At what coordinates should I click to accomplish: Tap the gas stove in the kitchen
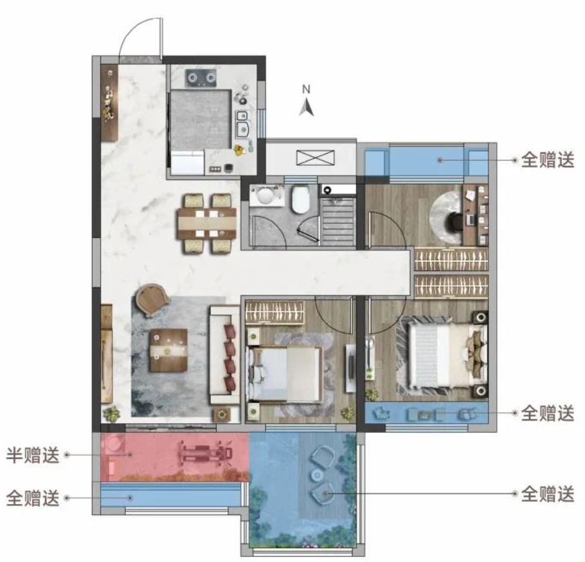(x=201, y=78)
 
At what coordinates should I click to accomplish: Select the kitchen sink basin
(x=243, y=124)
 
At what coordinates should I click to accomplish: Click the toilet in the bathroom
(x=301, y=199)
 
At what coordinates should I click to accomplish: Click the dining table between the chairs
(x=207, y=224)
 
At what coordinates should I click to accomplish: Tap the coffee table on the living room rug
(x=168, y=350)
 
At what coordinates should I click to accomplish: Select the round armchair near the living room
(x=151, y=300)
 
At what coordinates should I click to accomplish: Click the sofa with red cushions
(x=224, y=355)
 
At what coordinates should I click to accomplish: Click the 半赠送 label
(x=32, y=455)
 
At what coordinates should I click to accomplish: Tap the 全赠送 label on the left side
(x=32, y=498)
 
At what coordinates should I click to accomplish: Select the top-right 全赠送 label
(x=547, y=160)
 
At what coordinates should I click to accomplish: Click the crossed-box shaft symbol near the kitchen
(x=315, y=158)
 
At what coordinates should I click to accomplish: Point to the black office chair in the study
(x=455, y=221)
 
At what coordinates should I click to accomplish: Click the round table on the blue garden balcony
(x=317, y=475)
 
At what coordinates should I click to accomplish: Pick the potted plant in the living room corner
(x=112, y=413)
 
